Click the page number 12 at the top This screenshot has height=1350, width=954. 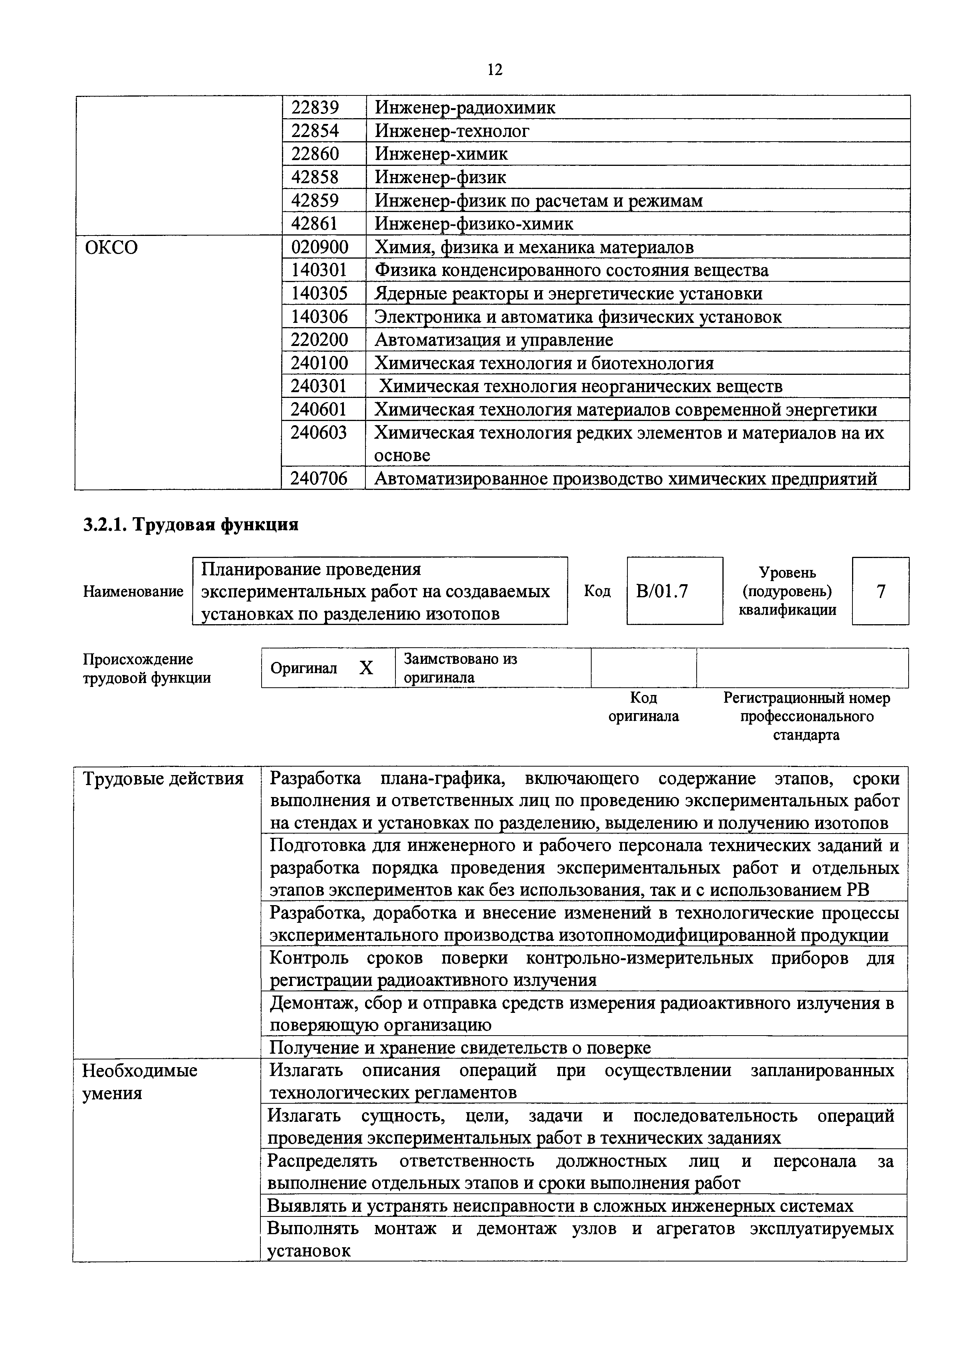495,70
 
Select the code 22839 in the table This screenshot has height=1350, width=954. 316,108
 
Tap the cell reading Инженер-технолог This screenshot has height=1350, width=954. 452,130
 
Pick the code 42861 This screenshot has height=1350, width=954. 316,224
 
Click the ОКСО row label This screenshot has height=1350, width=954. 111,247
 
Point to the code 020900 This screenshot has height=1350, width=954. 320,247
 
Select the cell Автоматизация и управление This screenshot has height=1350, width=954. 494,340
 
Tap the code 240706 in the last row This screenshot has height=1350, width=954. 319,479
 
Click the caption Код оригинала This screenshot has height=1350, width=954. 643,707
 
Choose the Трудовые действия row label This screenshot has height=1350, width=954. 163,779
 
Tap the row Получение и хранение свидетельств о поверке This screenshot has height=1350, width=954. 460,1047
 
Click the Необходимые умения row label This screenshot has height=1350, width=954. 139,1081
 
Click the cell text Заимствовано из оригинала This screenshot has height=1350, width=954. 460,668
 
